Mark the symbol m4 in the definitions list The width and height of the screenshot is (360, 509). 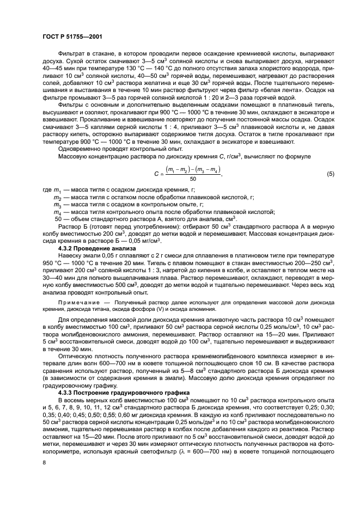[x=58, y=212]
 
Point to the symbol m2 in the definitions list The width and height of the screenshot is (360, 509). [x=58, y=197]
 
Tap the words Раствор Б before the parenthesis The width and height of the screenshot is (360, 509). [x=73, y=225]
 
